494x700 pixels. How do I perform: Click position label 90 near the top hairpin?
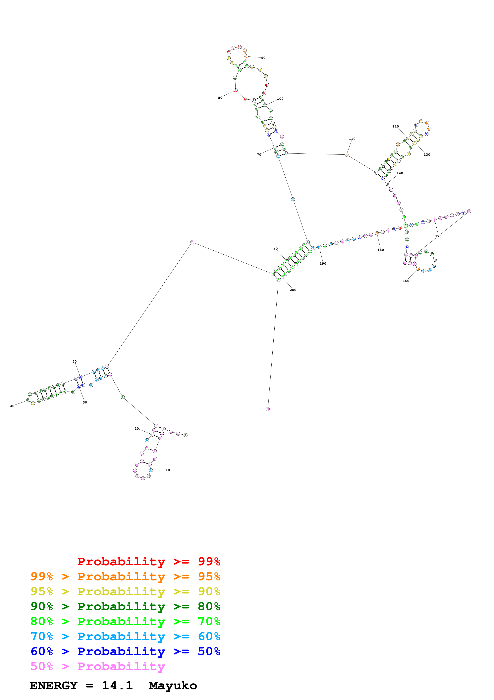[263, 58]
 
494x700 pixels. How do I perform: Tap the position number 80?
[220, 98]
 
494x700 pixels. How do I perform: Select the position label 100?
[280, 99]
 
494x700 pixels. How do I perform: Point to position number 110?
[352, 139]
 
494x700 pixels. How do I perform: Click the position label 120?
[395, 127]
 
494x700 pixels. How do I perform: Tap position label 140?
[400, 173]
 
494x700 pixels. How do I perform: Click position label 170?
[438, 236]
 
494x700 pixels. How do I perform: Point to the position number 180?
[380, 250]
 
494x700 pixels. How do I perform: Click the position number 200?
[293, 290]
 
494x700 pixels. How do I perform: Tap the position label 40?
[12, 406]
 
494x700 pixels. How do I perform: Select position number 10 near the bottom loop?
[168, 470]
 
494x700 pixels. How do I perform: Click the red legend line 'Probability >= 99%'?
[148, 562]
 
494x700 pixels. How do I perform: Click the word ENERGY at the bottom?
[54, 686]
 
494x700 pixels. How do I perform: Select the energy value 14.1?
[117, 686]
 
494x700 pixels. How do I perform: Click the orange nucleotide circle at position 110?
[346, 155]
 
